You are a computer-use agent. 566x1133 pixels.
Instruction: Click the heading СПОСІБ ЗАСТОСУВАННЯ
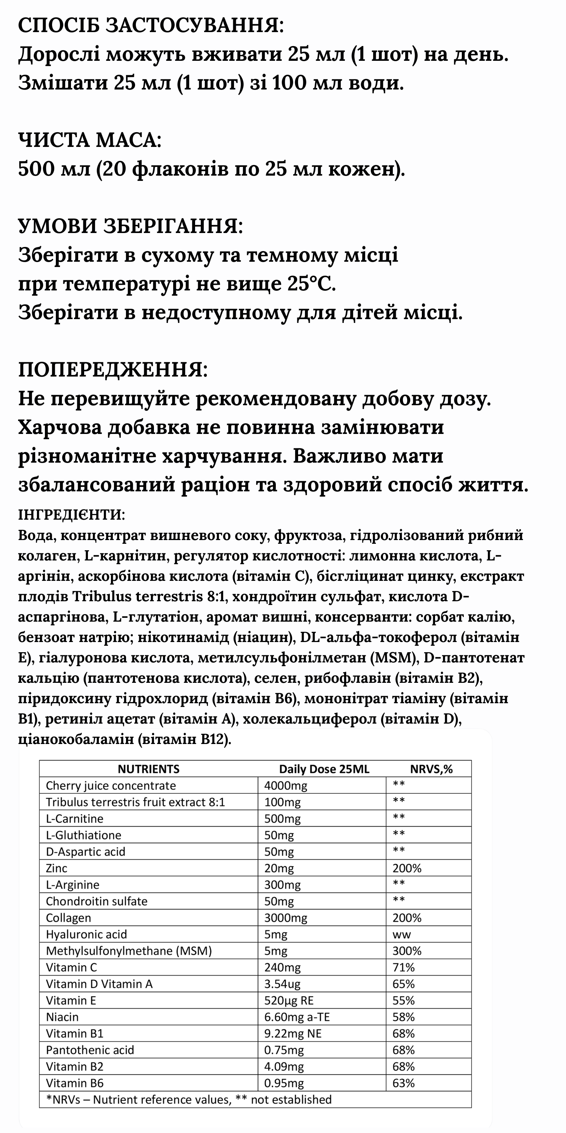151,26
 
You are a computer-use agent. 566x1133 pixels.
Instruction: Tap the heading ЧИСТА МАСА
90,140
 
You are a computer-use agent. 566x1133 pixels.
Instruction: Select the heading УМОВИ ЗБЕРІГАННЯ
131,226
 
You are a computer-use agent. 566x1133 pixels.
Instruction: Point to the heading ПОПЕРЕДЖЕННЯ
113,370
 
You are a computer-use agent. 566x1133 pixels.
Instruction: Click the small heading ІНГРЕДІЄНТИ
72,515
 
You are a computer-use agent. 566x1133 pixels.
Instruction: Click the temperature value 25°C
312,284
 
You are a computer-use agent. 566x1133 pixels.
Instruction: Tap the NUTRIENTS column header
149,769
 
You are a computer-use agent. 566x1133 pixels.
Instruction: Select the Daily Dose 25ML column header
324,769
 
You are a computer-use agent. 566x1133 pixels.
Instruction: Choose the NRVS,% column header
431,769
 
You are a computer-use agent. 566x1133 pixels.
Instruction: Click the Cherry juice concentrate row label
111,786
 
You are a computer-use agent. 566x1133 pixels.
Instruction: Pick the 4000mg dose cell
286,786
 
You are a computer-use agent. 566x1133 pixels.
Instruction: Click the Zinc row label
57,868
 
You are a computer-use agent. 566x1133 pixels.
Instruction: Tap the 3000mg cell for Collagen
286,918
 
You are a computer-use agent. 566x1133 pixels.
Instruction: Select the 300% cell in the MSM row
407,951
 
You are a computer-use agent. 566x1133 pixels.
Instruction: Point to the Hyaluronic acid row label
86,934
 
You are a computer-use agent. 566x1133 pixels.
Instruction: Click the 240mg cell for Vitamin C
282,967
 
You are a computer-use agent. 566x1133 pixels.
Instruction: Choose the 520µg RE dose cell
289,1000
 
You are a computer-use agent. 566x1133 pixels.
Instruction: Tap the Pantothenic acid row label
90,1050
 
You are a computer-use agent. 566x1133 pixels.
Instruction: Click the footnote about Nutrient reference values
189,1099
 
